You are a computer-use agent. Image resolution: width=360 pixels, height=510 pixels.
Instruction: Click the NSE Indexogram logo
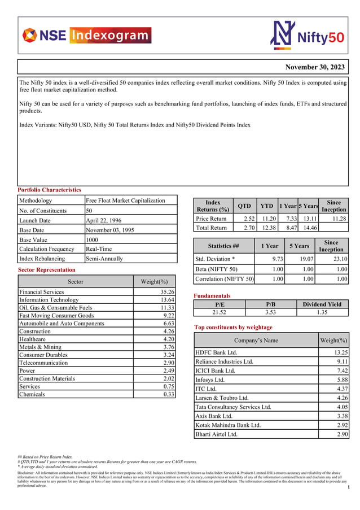pos(86,36)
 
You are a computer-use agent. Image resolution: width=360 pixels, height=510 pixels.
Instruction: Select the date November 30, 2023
pos(314,67)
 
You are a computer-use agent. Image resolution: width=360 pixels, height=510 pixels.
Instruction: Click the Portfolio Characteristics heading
pos(50,190)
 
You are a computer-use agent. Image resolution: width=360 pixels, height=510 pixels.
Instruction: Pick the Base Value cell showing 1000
pos(93,239)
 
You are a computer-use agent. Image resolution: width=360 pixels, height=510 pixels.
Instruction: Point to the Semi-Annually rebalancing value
pos(104,259)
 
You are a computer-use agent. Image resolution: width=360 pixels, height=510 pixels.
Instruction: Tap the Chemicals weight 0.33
pos(168,394)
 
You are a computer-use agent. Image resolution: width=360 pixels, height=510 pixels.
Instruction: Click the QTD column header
pos(244,206)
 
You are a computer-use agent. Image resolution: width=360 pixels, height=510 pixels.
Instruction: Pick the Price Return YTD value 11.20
pos(268,219)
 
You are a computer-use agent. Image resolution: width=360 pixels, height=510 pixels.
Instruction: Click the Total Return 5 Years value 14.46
pos(309,228)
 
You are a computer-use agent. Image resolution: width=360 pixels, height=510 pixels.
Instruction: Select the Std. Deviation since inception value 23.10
pos(340,259)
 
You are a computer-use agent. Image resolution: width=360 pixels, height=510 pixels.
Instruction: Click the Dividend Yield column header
pos(322,304)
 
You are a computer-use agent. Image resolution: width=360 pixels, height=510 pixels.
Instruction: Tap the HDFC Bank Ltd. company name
pos(216,352)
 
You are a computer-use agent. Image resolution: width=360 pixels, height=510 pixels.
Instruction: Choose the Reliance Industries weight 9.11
pos(340,361)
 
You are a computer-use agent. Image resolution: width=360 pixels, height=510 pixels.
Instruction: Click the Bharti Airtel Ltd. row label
pos(216,434)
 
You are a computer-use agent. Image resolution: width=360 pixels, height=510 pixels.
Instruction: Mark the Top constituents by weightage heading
pos(233,327)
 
